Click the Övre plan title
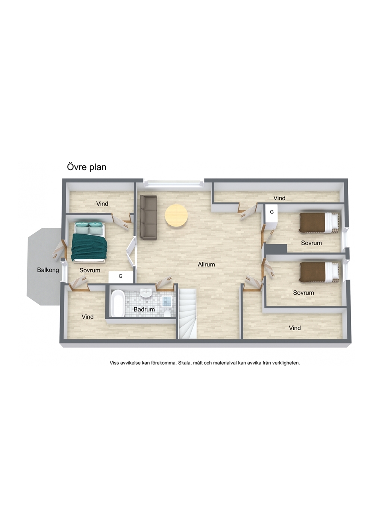point(86,167)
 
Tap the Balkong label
point(48,270)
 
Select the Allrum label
point(206,264)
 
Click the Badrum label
point(144,309)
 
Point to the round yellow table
point(176,216)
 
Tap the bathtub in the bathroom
point(117,303)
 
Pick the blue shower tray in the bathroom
point(167,301)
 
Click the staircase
point(188,314)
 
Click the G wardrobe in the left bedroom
point(121,277)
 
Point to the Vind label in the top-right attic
point(279,198)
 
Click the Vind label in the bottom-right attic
point(295,328)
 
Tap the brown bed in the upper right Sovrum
point(320,223)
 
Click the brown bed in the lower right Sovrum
point(320,272)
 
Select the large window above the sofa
point(173,184)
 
